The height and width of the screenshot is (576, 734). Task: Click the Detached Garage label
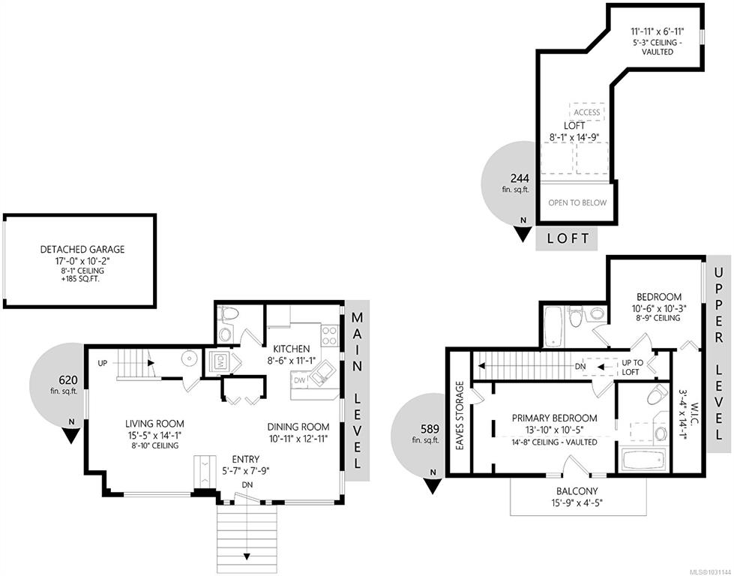click(82, 249)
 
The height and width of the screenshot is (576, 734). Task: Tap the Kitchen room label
click(291, 349)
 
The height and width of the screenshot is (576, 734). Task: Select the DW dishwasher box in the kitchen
click(300, 380)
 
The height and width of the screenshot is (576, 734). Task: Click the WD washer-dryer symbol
click(220, 361)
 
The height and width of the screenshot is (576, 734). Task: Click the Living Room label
click(154, 424)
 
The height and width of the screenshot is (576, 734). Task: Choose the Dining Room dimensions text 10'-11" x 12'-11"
click(298, 439)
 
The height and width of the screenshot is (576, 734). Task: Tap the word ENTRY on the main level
click(246, 460)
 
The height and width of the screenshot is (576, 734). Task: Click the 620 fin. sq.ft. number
click(68, 380)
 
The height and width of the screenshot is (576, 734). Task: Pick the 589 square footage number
click(430, 429)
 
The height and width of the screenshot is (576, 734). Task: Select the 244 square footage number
click(520, 178)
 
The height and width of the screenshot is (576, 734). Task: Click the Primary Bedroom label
click(554, 418)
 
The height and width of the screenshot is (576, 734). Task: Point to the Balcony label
click(577, 492)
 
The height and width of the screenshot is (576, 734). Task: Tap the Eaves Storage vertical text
click(459, 416)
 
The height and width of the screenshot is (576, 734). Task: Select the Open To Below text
click(577, 202)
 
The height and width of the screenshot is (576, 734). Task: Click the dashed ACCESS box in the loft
click(586, 112)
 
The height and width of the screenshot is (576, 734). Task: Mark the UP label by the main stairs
click(103, 363)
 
